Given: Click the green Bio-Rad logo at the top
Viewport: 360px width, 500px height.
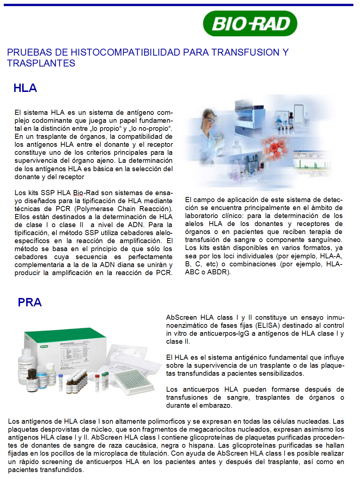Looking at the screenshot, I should [250, 24].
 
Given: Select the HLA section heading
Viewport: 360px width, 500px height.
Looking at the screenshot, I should [25, 88].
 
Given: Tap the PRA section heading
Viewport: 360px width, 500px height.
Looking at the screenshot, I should [29, 302].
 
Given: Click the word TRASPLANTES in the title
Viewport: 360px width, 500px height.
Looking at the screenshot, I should [41, 63].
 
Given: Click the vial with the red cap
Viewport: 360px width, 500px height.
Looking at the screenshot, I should [97, 382].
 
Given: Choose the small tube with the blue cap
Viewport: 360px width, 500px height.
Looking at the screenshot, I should [61, 379].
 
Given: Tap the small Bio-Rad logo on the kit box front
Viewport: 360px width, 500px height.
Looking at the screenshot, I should [44, 346].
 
